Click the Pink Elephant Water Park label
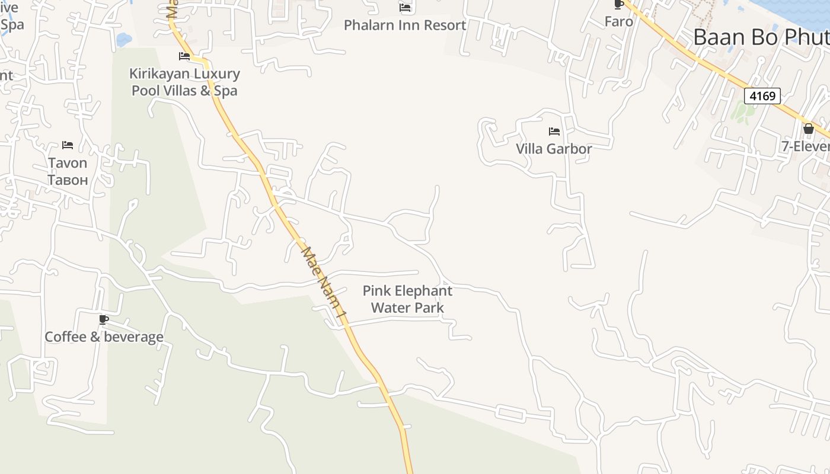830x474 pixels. [407, 299]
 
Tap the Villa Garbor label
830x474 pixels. [554, 149]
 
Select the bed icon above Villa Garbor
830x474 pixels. [554, 131]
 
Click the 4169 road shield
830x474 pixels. [762, 95]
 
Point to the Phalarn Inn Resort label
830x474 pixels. [405, 25]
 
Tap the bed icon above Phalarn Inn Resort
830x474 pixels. [405, 8]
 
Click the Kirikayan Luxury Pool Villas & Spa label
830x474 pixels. [184, 82]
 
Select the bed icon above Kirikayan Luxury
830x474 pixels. [184, 56]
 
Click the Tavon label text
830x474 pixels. [68, 163]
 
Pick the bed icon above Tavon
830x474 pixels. [68, 145]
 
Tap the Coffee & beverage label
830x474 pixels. [104, 337]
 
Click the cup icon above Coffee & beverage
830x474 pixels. [104, 320]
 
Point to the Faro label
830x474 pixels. [619, 22]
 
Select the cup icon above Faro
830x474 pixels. [619, 5]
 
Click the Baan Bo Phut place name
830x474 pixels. [761, 37]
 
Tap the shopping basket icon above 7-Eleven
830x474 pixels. [808, 129]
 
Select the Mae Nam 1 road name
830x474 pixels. [323, 283]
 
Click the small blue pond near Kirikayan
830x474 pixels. [124, 40]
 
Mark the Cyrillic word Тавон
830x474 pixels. [68, 180]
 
